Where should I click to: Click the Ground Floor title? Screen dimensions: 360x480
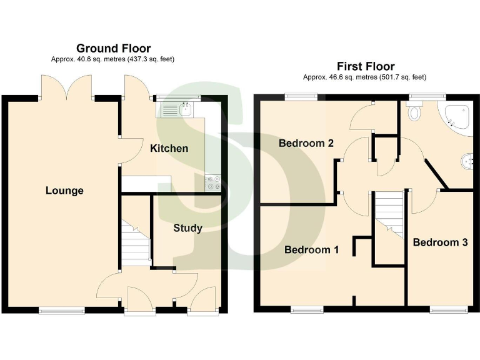113,48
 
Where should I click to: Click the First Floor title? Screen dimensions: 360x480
366,66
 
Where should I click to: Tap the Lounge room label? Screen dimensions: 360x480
64,191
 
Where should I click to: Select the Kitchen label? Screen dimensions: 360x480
169,149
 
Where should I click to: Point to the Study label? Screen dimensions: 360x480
187,228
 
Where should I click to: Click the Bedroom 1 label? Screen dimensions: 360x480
311,250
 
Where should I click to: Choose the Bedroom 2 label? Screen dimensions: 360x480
306,143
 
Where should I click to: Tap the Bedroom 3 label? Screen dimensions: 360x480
440,242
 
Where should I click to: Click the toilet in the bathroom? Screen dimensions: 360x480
414,112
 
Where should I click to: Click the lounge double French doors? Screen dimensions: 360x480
67,87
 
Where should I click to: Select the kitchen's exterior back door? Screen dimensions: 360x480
136,88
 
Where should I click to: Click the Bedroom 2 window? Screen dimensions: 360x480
301,96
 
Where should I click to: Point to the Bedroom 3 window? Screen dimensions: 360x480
449,309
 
